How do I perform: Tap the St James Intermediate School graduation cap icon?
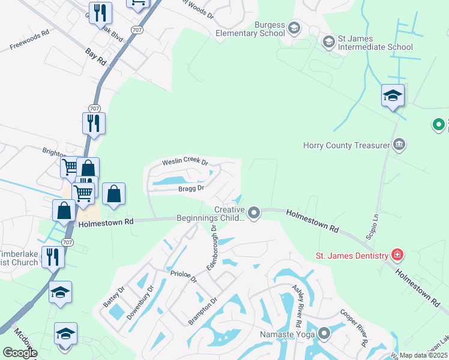[x=328, y=41]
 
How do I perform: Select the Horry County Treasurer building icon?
[x=399, y=145]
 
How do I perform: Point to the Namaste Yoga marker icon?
[x=325, y=333]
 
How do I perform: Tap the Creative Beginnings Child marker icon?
[x=254, y=213]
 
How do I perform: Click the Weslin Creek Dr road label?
[x=185, y=163]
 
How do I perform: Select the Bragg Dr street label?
[x=191, y=188]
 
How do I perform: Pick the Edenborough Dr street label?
[x=213, y=250]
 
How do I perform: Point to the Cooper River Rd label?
[x=354, y=327]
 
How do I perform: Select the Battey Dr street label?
[x=113, y=296]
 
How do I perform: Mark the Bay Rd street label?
[x=95, y=57]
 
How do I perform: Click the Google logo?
[x=20, y=353]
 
